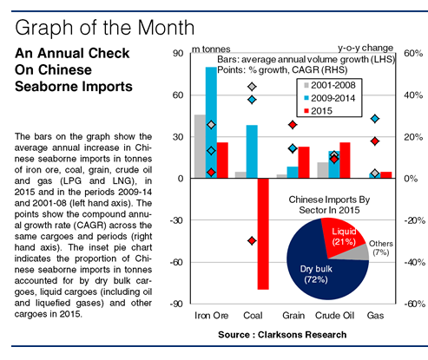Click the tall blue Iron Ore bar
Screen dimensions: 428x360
point(211,122)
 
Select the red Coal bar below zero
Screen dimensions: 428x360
point(263,233)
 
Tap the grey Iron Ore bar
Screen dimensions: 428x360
point(200,147)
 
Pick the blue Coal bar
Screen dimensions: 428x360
point(252,152)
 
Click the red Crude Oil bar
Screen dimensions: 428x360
point(345,160)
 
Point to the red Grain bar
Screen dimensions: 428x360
point(304,162)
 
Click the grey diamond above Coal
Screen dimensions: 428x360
point(252,87)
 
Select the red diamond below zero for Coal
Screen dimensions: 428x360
point(252,240)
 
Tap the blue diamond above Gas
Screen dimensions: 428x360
point(375,119)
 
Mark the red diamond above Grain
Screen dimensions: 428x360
point(293,125)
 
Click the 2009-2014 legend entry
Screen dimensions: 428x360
point(330,98)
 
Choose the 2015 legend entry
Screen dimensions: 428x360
point(318,111)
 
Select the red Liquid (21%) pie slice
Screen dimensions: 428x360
point(341,239)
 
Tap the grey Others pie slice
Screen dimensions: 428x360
point(360,253)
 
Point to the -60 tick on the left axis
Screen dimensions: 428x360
point(176,262)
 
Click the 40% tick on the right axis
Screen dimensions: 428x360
point(413,95)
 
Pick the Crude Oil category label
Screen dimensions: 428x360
point(334,315)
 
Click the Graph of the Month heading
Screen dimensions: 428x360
point(104,28)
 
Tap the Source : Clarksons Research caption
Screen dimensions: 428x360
point(282,335)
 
